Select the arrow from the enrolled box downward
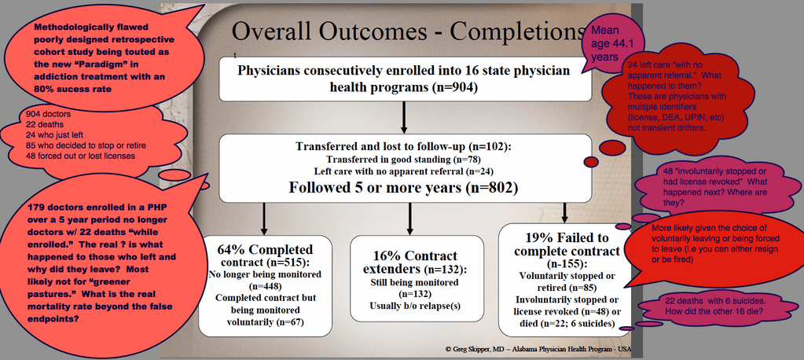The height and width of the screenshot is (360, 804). [x=404, y=118]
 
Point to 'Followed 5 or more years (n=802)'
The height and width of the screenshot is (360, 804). [x=403, y=187]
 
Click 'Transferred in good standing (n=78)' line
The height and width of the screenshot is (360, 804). [x=404, y=160]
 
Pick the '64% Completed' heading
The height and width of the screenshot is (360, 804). [x=265, y=250]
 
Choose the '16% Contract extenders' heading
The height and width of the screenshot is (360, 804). [x=417, y=263]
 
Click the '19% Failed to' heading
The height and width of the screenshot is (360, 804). [x=567, y=238]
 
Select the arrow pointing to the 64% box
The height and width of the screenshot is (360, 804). [x=265, y=218]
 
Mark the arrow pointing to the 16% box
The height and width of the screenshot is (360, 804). [x=409, y=218]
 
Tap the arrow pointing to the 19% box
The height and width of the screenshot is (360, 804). [x=565, y=211]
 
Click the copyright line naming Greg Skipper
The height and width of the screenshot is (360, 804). [x=538, y=349]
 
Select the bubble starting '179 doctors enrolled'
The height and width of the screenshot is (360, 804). [x=102, y=262]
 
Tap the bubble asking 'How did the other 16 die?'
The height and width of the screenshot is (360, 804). [x=718, y=307]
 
